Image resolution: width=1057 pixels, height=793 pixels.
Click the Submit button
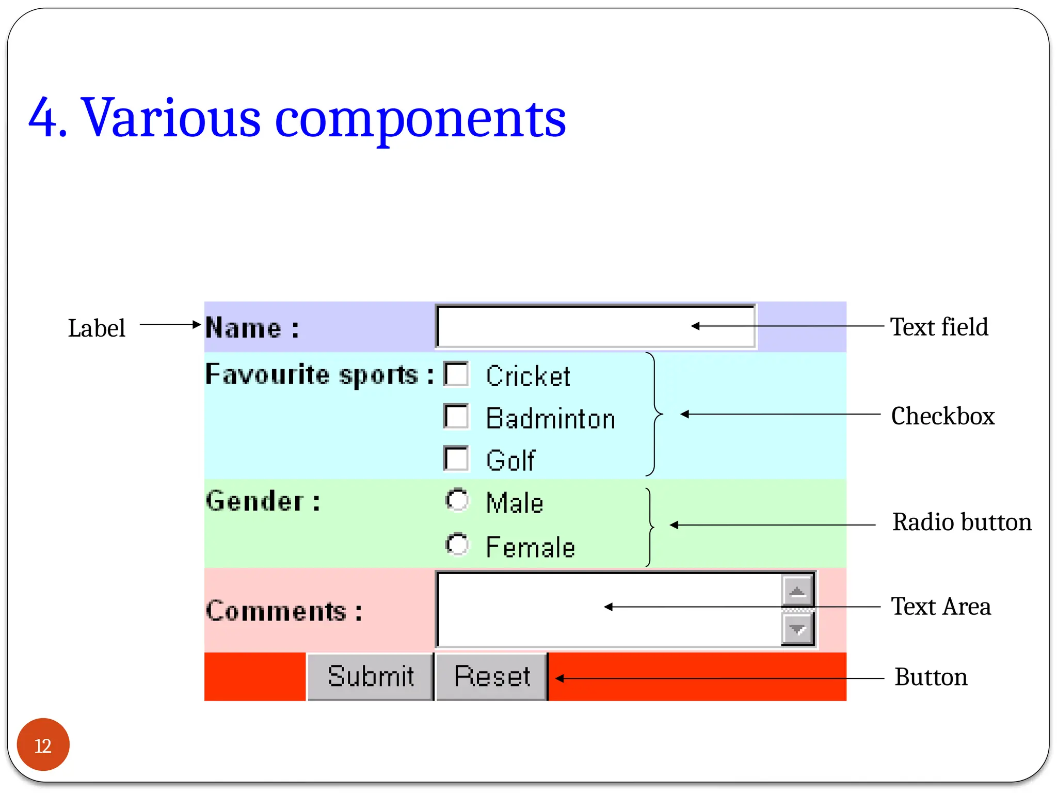370,676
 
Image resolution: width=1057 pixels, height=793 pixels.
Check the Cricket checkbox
456,374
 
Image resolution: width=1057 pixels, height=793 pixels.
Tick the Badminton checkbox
456,417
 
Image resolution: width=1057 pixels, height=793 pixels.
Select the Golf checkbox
456,458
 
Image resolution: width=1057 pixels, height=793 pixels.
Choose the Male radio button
457,500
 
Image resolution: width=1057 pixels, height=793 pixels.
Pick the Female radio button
457,544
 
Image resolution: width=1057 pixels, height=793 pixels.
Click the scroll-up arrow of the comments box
797,591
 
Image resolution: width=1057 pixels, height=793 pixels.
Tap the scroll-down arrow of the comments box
797,629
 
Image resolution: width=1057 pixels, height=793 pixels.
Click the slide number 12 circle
43,744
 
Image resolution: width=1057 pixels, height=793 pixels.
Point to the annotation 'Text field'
939,327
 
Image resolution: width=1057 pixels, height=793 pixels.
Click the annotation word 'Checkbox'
942,416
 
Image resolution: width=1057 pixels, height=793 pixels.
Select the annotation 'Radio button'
962,522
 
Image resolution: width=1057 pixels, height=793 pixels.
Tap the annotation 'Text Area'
940,606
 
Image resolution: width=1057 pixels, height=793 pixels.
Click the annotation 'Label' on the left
97,328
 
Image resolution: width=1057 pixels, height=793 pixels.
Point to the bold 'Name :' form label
252,328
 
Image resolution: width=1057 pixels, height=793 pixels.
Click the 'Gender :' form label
263,501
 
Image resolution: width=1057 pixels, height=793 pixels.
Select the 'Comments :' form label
283,611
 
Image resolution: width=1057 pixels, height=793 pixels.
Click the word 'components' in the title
420,118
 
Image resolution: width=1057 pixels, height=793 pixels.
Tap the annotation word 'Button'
931,677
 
